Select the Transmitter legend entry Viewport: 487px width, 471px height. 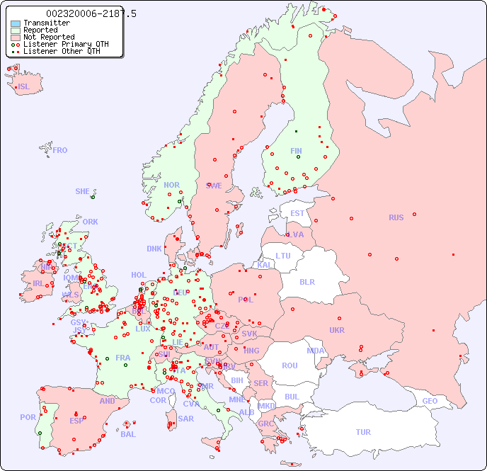point(47,23)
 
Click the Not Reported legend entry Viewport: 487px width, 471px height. point(49,37)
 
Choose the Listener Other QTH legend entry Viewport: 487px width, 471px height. point(62,51)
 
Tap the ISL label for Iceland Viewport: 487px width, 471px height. point(24,87)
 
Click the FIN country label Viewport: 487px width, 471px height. point(296,151)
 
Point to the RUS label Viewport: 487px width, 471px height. point(396,217)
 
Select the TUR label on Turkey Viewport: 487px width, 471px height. point(363,432)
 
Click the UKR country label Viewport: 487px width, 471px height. point(336,330)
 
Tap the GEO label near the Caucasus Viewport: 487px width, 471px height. point(430,401)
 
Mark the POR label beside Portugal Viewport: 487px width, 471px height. point(28,417)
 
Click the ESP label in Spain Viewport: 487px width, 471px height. point(76,421)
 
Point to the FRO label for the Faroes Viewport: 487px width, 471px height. point(60,150)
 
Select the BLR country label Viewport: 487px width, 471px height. point(306,281)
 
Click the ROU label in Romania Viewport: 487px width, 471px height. point(290,365)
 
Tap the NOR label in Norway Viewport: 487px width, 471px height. point(172,185)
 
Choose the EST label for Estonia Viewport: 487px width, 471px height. point(297,213)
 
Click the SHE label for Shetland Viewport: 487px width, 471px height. point(83,191)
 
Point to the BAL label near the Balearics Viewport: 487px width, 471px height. point(128,434)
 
